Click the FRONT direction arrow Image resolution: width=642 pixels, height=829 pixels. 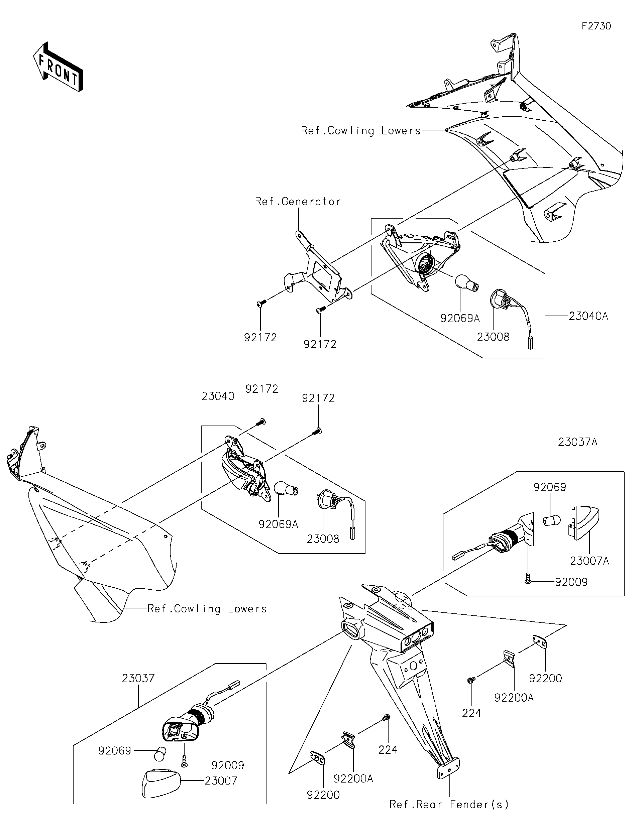click(x=58, y=67)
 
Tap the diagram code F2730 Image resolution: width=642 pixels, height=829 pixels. click(x=596, y=26)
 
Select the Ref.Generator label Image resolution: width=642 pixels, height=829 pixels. click(x=298, y=201)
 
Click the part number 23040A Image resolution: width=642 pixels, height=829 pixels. click(x=588, y=316)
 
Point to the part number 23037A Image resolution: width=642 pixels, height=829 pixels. click(x=577, y=442)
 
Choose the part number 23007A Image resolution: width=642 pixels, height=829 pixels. click(x=589, y=571)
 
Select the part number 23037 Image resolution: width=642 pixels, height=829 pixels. click(x=138, y=678)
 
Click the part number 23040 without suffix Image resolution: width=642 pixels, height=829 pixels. click(x=218, y=396)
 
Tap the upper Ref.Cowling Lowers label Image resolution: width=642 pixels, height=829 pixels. click(x=361, y=131)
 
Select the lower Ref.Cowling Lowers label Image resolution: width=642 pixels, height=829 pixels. click(x=207, y=609)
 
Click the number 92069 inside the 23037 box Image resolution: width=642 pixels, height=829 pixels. click(x=115, y=750)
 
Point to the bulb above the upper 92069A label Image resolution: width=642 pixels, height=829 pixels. click(x=466, y=283)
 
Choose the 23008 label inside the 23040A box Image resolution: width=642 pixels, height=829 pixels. click(x=493, y=337)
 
